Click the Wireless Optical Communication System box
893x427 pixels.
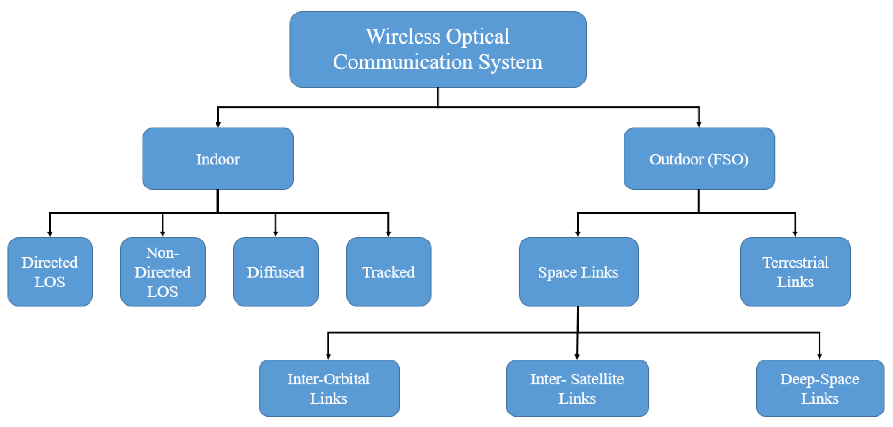[x=438, y=49]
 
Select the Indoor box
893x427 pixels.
[x=218, y=159]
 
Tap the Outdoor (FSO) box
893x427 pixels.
[x=699, y=159]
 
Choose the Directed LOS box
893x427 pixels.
[x=50, y=272]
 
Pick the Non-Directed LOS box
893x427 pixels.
[x=163, y=272]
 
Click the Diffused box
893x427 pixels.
[x=276, y=272]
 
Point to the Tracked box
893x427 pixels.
[x=388, y=272]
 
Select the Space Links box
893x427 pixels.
[x=578, y=272]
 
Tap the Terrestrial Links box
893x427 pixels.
[x=795, y=272]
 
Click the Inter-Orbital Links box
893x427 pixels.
[x=329, y=388]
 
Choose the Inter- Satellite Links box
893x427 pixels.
[x=577, y=388]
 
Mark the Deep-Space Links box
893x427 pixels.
[x=819, y=388]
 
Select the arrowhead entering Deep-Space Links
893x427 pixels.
[x=819, y=357]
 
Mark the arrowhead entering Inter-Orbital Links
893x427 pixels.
[x=328, y=357]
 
